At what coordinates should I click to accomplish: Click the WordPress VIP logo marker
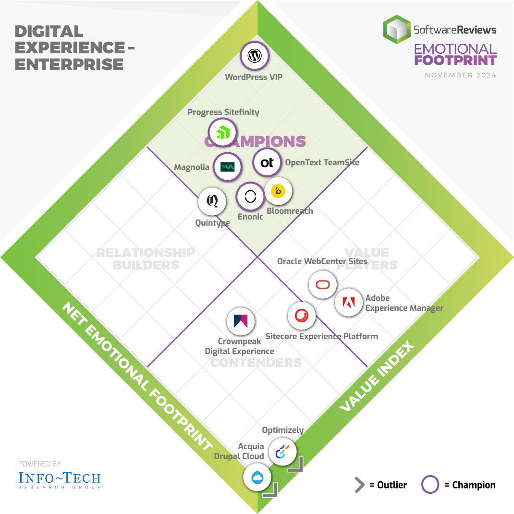(x=254, y=56)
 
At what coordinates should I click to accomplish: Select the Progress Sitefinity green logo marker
(x=222, y=133)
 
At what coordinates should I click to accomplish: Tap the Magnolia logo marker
(x=227, y=167)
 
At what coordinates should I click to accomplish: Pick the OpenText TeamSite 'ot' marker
(x=267, y=163)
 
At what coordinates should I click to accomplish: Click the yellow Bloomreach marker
(x=278, y=191)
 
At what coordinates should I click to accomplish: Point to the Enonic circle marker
(x=250, y=196)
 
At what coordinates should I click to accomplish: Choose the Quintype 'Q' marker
(x=212, y=201)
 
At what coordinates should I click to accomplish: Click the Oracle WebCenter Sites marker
(x=322, y=284)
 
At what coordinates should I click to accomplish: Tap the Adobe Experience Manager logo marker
(x=348, y=302)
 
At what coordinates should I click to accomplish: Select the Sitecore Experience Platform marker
(x=302, y=316)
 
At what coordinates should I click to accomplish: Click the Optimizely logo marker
(x=282, y=452)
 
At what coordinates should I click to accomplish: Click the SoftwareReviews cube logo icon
(x=397, y=30)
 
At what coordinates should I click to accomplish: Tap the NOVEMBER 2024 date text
(x=460, y=75)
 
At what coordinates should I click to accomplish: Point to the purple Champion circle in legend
(x=430, y=485)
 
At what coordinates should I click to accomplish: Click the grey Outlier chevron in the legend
(x=359, y=485)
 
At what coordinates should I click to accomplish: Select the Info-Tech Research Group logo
(x=60, y=479)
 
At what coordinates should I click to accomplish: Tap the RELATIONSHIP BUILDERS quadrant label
(x=146, y=258)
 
